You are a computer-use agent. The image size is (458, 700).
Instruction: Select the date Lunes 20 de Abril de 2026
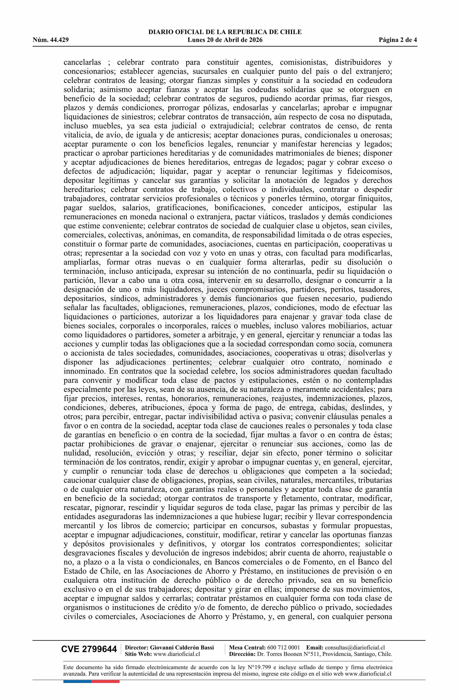click(x=225, y=40)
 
